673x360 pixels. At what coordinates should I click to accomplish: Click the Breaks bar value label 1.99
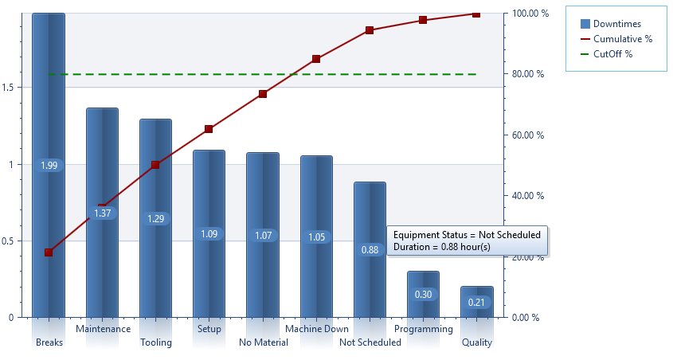[x=49, y=166]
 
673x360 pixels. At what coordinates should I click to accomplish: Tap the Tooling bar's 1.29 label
[x=155, y=218]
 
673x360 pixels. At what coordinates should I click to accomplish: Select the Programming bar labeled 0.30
[x=423, y=295]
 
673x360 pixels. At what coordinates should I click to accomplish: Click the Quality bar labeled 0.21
[x=476, y=302]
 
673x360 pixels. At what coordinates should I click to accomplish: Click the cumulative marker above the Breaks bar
[x=49, y=252]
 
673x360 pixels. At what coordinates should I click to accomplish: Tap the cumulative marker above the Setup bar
[x=209, y=129]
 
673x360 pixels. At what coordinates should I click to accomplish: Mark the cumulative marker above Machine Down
[x=316, y=59]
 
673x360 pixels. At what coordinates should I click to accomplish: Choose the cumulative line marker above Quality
[x=476, y=14]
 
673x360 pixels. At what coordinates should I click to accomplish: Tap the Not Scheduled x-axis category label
[x=370, y=342]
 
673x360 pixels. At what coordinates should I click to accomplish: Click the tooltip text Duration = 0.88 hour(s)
[x=441, y=248]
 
